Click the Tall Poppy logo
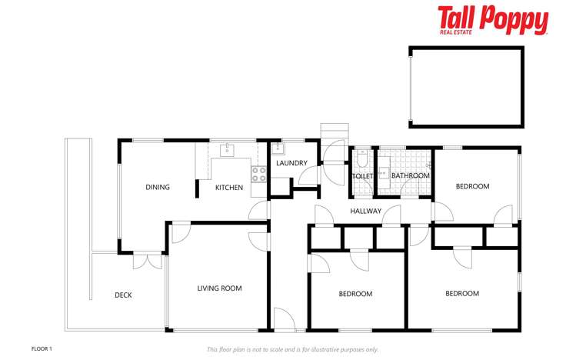point(493,21)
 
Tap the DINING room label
point(158,187)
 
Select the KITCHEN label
point(229,188)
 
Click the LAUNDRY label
point(291,163)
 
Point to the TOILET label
point(362,176)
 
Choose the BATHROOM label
point(411,176)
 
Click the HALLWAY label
point(366,211)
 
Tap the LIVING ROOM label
point(219,288)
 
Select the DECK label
point(124,295)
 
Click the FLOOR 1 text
point(42,348)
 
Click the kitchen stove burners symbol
point(258,173)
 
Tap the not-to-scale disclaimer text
point(292,349)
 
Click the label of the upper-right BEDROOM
point(472,187)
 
